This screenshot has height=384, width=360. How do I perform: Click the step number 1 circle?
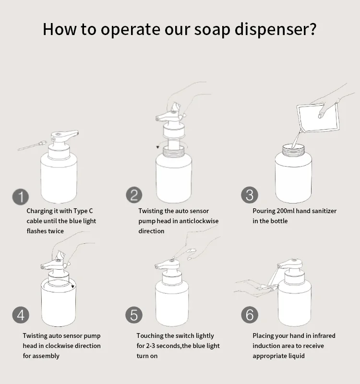[x=21, y=197]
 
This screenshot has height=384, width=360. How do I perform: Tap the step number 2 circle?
[x=134, y=195]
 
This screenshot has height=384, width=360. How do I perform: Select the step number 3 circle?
[x=250, y=195]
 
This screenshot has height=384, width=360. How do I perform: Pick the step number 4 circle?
[x=21, y=315]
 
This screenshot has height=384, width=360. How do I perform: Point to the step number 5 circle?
[x=134, y=315]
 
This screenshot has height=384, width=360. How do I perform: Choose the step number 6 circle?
[x=250, y=315]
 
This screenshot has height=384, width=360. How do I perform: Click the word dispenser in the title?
[x=276, y=29]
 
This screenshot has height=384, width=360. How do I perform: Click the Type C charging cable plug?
[x=42, y=143]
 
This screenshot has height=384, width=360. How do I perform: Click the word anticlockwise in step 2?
[x=198, y=221]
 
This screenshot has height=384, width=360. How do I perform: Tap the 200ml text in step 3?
[x=286, y=211]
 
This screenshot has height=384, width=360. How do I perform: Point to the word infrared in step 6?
[x=320, y=336]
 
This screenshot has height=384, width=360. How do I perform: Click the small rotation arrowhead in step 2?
[x=158, y=147]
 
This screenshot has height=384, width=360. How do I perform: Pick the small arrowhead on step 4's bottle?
[x=73, y=287]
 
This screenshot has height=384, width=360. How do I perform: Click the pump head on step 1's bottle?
[x=64, y=136]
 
